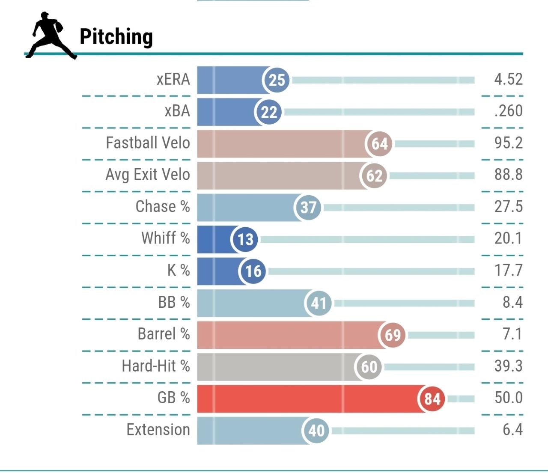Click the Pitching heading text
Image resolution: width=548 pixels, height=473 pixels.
116,37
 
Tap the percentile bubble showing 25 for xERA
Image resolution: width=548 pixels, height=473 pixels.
277,80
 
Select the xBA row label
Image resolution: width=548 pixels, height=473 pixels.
177,111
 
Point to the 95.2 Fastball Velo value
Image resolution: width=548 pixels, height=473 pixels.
508,143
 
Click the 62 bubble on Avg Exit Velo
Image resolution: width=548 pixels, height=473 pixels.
374,176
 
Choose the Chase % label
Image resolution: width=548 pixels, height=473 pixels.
163,207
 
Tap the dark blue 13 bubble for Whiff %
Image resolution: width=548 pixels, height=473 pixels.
245,239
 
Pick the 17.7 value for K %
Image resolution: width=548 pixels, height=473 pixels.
508,271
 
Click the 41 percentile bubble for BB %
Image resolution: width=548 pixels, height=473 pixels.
318,303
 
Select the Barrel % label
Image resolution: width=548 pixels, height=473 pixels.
164,334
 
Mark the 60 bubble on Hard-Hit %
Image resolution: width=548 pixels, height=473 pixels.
369,367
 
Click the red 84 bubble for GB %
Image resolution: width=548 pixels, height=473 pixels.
432,399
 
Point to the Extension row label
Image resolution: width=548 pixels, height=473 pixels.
158,430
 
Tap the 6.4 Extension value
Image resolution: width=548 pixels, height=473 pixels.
512,430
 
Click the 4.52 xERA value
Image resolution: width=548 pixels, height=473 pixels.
508,79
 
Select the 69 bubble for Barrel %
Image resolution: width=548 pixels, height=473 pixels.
393,335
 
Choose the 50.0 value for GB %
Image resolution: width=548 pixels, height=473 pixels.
508,398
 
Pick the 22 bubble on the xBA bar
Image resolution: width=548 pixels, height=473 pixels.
269,112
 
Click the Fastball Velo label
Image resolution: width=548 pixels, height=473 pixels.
148,143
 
